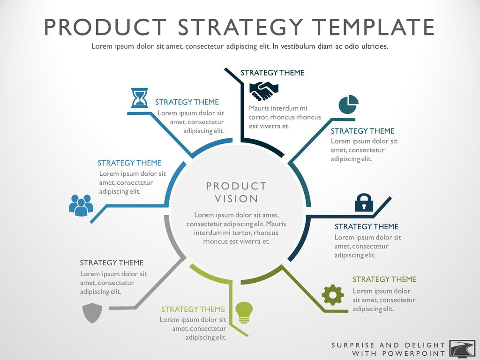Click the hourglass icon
coord(140,98)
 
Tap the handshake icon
coord(263,91)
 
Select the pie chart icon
coord(348,104)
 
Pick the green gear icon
coord(332,295)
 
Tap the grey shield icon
coord(92,313)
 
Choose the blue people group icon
coord(81,205)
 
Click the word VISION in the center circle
coord(236,199)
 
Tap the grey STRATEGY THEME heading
coord(112,263)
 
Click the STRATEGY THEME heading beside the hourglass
coord(187,102)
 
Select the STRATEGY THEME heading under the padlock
coord(366,227)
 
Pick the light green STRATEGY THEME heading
coord(193,309)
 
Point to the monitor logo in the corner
coord(462,348)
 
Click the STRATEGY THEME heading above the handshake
coord(272,73)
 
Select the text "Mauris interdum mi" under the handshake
coord(278,108)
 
